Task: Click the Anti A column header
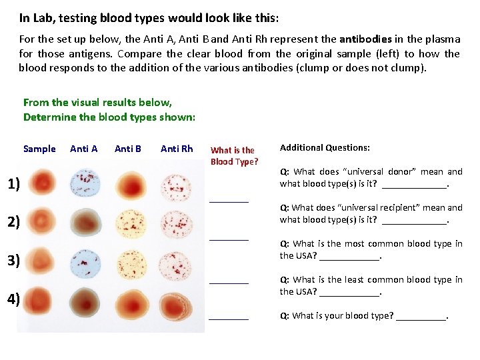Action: [x=84, y=149]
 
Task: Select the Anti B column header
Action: [x=128, y=149]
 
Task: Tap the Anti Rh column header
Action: [x=177, y=149]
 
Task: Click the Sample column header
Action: [x=39, y=149]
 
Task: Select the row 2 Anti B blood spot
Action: [x=131, y=222]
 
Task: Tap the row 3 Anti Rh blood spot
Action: [x=177, y=261]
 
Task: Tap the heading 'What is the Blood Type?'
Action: [x=233, y=156]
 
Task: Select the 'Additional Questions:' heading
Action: [x=325, y=148]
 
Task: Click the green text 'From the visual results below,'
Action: [x=97, y=103]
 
